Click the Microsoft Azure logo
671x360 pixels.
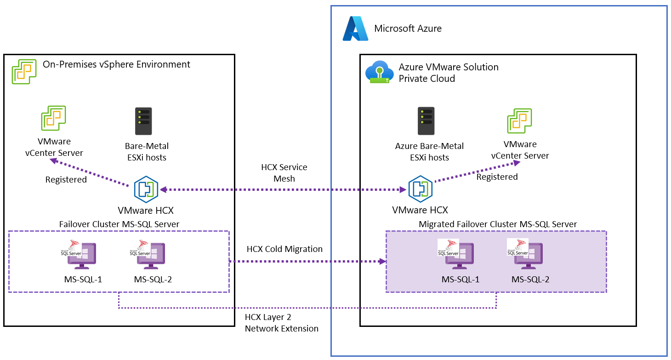coord(355,29)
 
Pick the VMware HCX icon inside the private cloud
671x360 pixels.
coord(420,189)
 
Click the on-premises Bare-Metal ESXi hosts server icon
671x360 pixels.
coord(143,121)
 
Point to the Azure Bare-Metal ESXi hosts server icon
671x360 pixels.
coord(426,121)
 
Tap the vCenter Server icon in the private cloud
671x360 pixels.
coord(519,121)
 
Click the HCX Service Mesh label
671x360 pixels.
coord(284,173)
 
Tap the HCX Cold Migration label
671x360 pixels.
coord(284,249)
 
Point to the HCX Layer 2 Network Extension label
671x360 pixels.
coord(281,323)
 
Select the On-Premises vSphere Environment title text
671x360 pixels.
coord(116,64)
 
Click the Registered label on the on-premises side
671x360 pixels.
coord(66,180)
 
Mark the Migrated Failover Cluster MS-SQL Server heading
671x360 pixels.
coord(498,224)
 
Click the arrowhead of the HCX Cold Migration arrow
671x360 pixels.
coord(382,262)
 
